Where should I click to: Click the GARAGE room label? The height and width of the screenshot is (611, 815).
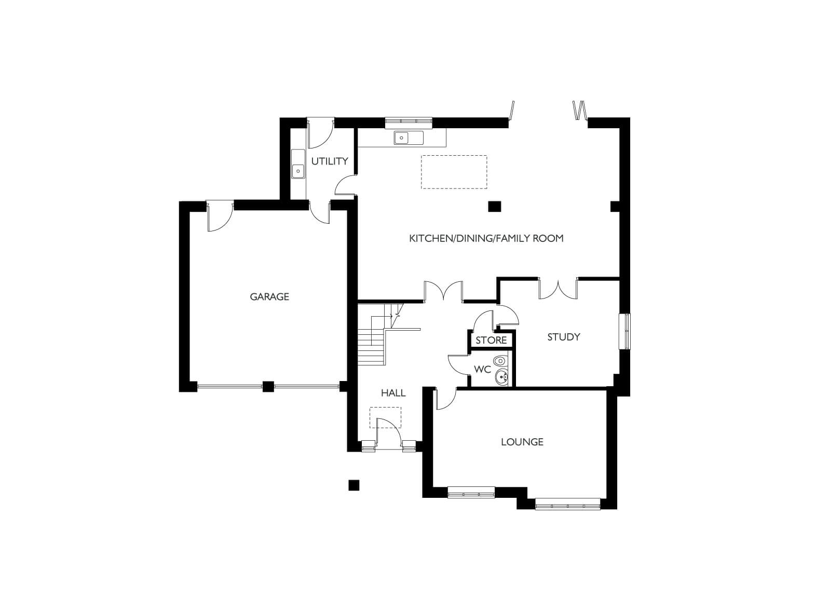click(269, 296)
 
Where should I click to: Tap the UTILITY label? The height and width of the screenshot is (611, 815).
click(329, 161)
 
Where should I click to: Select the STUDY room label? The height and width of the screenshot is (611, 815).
click(563, 337)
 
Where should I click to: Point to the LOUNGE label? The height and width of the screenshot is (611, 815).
click(522, 442)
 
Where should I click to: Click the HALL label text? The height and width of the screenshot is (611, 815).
click(393, 393)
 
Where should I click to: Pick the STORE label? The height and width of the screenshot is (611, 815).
click(491, 340)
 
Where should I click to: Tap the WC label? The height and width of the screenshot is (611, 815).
click(482, 369)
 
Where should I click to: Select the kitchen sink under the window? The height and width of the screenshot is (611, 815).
click(409, 138)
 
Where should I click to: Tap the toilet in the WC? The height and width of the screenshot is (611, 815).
click(501, 360)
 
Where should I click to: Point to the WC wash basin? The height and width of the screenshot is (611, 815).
click(501, 378)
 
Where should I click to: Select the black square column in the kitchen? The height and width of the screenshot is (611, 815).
click(495, 207)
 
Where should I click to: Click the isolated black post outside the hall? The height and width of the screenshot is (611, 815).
click(354, 485)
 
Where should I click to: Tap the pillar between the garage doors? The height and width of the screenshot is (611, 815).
click(268, 386)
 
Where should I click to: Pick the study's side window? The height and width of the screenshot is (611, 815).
click(624, 331)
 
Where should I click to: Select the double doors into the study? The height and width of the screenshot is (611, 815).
click(558, 289)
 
